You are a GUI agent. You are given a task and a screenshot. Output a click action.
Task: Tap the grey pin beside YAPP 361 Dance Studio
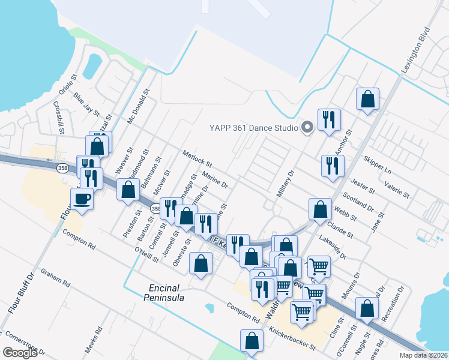coord(307,127)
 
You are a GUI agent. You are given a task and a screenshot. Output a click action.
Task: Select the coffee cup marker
coord(82,199)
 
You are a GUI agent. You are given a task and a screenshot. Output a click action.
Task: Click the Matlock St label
coord(198,159)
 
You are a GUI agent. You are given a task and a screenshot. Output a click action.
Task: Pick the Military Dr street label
coord(286,184)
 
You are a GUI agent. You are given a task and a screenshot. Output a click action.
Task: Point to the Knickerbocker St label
coord(292,338)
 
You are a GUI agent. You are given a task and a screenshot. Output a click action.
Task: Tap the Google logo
coord(20,352)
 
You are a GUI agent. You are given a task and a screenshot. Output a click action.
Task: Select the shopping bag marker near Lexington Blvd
coord(367,100)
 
